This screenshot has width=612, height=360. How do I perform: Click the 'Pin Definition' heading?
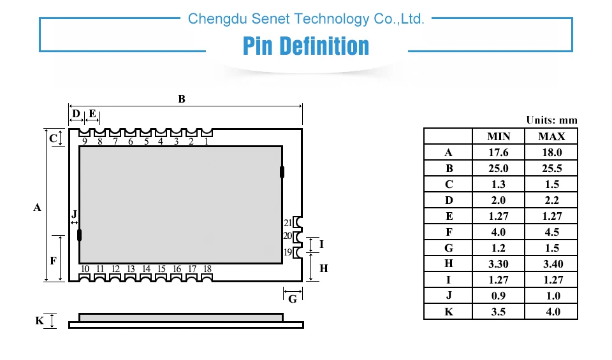coord(305,46)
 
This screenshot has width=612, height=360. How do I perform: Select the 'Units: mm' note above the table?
coord(551,120)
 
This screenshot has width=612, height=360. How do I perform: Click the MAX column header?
coord(551,136)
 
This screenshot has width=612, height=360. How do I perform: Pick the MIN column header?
coord(499,136)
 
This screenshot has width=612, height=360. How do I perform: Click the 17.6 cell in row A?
coord(499,152)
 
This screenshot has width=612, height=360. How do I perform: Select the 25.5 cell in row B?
coord(552,168)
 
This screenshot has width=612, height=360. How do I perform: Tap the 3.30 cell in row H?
coord(499,264)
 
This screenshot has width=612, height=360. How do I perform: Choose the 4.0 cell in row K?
coord(553,312)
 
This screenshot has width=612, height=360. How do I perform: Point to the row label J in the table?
coord(449,296)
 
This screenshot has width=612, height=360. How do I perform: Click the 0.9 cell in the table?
coord(499,296)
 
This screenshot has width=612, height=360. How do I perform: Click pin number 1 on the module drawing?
coord(207,141)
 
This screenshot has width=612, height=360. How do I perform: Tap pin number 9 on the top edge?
coord(85,141)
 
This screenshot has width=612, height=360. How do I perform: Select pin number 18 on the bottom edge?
coord(207,269)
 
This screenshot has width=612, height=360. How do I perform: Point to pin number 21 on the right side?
coord(288,223)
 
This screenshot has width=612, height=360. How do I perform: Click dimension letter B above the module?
coord(182,99)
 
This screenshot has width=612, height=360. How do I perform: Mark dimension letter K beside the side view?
coord(40,320)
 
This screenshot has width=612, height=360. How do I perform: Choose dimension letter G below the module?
coord(293,299)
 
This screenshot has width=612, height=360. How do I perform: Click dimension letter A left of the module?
coord(37,207)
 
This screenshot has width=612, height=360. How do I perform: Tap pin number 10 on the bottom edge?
coord(85,269)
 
